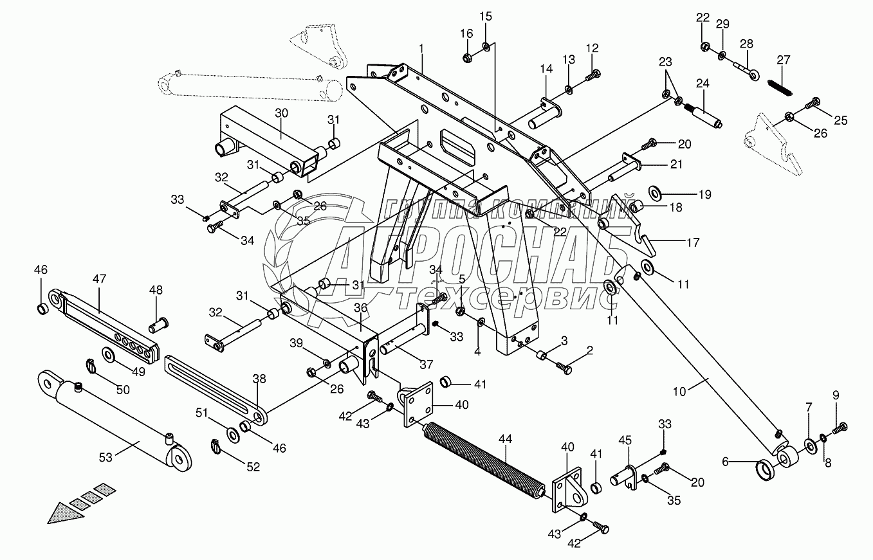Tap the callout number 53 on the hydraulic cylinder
pos(105,457)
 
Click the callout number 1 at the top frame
pos(421,49)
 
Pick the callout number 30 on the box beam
pos(281,112)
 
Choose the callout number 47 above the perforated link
pos(99,278)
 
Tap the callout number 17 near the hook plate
pos(692,242)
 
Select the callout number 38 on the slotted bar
pos(259,379)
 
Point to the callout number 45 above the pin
pos(625,440)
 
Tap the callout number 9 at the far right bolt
pos(836,395)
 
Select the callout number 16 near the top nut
pos(466,33)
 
